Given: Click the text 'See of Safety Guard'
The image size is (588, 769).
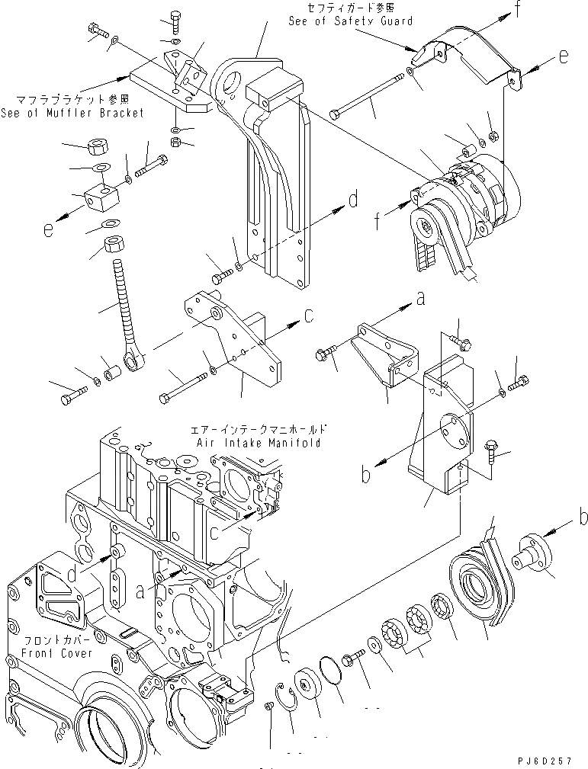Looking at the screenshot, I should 350,21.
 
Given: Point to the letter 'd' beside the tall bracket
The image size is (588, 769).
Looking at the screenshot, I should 353,200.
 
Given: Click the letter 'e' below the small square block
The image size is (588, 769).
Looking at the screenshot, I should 49,228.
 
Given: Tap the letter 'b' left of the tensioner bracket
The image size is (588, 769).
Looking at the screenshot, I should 366,476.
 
